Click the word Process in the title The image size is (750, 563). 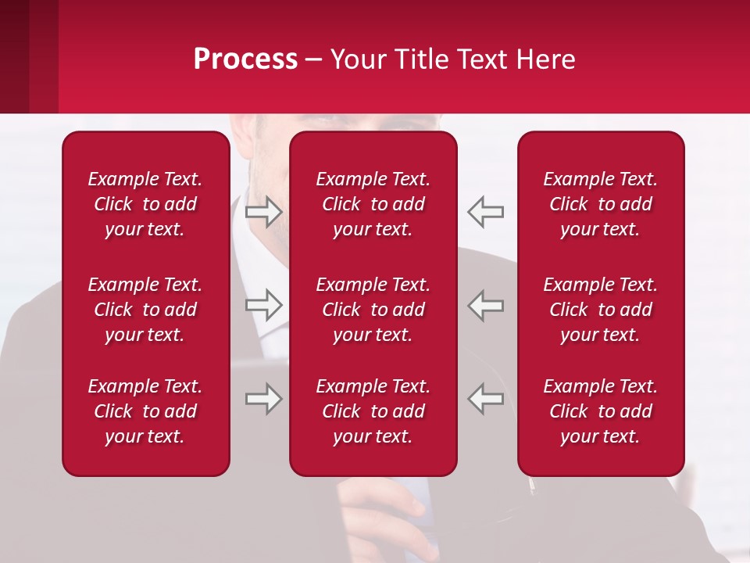tap(245, 59)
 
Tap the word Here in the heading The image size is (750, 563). tap(544, 59)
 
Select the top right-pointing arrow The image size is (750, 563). tap(264, 211)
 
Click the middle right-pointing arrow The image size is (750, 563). tap(264, 305)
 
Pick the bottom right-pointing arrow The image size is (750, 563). tap(264, 399)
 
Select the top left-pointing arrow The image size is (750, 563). tap(486, 211)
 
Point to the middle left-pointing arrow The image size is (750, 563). tap(486, 305)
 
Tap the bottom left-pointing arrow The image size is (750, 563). tap(486, 399)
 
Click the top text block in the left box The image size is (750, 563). tap(145, 204)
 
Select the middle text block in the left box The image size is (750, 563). tap(145, 310)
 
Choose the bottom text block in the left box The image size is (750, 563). tap(145, 411)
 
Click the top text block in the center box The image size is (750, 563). tap(373, 204)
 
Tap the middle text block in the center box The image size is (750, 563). tap(373, 310)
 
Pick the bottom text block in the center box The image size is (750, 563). tap(373, 411)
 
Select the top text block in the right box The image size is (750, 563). tap(601, 204)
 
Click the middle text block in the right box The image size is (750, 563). tap(601, 310)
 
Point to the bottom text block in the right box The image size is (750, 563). tap(601, 411)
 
